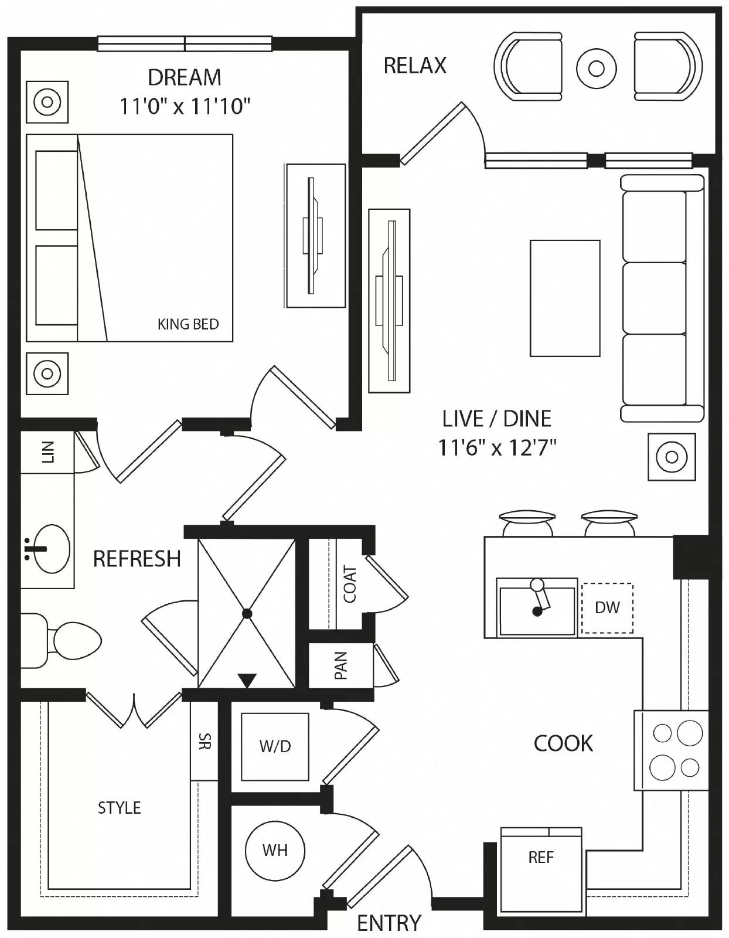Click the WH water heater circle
tap(275, 850)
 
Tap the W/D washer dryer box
tap(275, 746)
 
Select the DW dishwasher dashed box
tap(607, 607)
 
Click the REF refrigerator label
tap(540, 858)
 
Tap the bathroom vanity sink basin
tap(51, 548)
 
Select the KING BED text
tap(188, 324)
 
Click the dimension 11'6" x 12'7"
tap(496, 448)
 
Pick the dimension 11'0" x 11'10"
tap(185, 107)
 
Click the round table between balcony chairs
tap(596, 69)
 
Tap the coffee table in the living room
tap(564, 298)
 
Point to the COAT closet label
tap(350, 584)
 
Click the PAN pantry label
tap(340, 665)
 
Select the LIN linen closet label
tap(47, 452)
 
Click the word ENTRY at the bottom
tap(389, 923)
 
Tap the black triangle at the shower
tap(247, 681)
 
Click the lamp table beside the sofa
tap(672, 457)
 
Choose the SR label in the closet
tap(205, 742)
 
